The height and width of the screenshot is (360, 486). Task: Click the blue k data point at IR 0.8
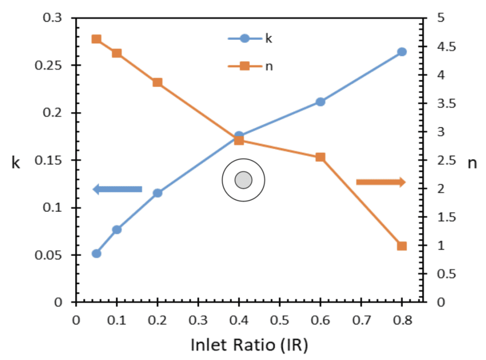click(x=402, y=52)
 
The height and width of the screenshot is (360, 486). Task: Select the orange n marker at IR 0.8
click(x=402, y=246)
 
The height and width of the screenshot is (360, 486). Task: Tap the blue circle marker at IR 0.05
click(x=96, y=254)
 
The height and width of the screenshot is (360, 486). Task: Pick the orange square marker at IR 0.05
click(x=96, y=39)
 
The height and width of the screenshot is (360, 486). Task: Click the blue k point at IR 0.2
click(x=158, y=193)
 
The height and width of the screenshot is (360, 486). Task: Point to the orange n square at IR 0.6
click(x=320, y=157)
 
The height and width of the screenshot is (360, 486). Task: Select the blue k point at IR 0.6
click(x=320, y=102)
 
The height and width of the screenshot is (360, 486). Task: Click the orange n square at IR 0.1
click(x=117, y=53)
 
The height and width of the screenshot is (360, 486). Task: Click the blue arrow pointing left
click(x=117, y=189)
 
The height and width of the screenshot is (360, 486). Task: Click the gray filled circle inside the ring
click(x=243, y=180)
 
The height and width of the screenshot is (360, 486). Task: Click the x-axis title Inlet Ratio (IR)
click(x=249, y=345)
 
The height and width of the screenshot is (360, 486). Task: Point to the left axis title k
click(x=16, y=164)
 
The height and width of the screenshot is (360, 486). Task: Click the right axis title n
click(x=472, y=164)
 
